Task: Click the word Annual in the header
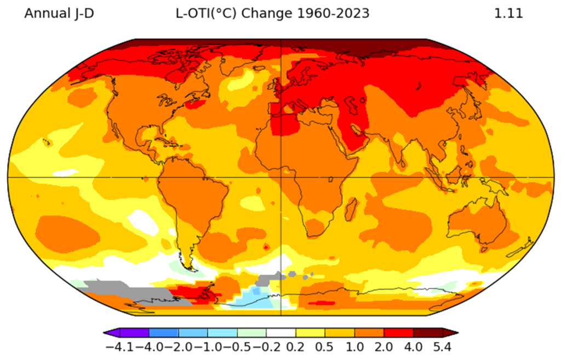tap(47, 14)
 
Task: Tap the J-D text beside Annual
tap(84, 14)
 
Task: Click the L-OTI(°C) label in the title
tap(206, 14)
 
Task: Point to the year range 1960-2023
tap(333, 14)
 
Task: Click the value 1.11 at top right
tap(508, 14)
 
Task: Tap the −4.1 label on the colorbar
tap(119, 347)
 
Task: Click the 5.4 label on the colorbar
tap(442, 347)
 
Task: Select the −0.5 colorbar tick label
tap(237, 347)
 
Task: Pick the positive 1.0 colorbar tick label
tap(354, 347)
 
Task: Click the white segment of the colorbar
tap(281, 333)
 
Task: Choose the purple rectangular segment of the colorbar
tap(135, 333)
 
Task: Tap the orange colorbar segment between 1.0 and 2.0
tap(369, 333)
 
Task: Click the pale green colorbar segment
tap(251, 333)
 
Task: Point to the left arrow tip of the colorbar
tap(104, 333)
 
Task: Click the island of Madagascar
tap(351, 209)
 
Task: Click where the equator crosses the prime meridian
tap(281, 177)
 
